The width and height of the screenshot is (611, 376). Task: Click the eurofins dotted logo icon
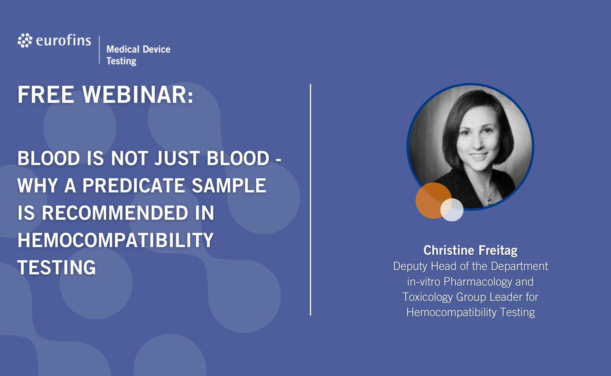coord(25,40)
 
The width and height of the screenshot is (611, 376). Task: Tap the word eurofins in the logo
coord(63,40)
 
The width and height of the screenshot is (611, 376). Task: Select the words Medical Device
coord(138,49)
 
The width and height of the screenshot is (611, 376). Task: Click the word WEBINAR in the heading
coord(138,95)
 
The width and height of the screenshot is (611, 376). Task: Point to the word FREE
coord(46,95)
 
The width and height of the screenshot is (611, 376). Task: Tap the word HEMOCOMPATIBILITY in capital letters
coord(115,240)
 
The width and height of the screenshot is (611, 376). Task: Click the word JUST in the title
coord(177,158)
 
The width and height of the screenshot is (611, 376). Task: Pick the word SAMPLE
coord(229,185)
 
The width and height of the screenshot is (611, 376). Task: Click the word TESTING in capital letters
coord(57,267)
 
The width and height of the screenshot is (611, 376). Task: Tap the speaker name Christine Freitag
coord(470,250)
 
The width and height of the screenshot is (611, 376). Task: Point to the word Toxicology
coord(428,297)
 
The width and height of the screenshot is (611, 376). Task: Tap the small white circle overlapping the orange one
coord(452,210)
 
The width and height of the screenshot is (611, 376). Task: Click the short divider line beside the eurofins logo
coord(99,50)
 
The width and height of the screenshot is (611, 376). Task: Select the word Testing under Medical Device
coord(121,61)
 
